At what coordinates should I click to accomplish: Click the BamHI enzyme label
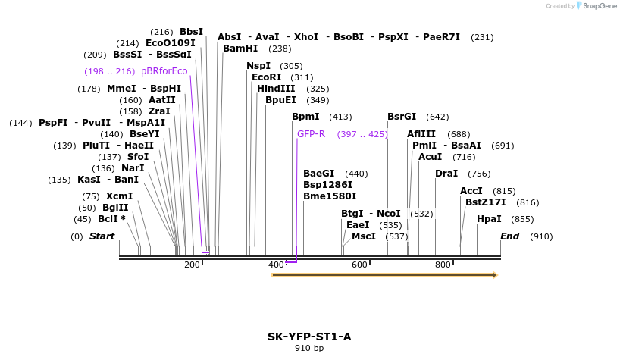click(x=240, y=49)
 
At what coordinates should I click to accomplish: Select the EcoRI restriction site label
click(x=266, y=77)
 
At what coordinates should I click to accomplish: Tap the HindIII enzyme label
click(x=276, y=89)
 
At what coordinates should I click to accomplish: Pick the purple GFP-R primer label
click(x=311, y=134)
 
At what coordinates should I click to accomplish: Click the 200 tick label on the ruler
click(x=192, y=265)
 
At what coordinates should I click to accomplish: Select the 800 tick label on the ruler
click(x=443, y=265)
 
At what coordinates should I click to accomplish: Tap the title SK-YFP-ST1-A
click(x=309, y=337)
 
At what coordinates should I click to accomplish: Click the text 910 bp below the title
click(x=309, y=349)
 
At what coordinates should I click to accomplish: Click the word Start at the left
click(x=102, y=236)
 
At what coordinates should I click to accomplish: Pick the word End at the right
click(x=509, y=236)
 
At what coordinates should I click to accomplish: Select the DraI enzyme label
click(x=446, y=174)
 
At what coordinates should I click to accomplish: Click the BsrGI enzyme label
click(x=402, y=117)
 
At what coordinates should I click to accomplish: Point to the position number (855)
click(x=522, y=219)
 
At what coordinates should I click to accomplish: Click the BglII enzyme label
click(x=115, y=208)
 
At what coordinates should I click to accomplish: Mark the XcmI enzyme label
click(x=119, y=196)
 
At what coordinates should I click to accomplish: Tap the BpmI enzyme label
click(x=305, y=117)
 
